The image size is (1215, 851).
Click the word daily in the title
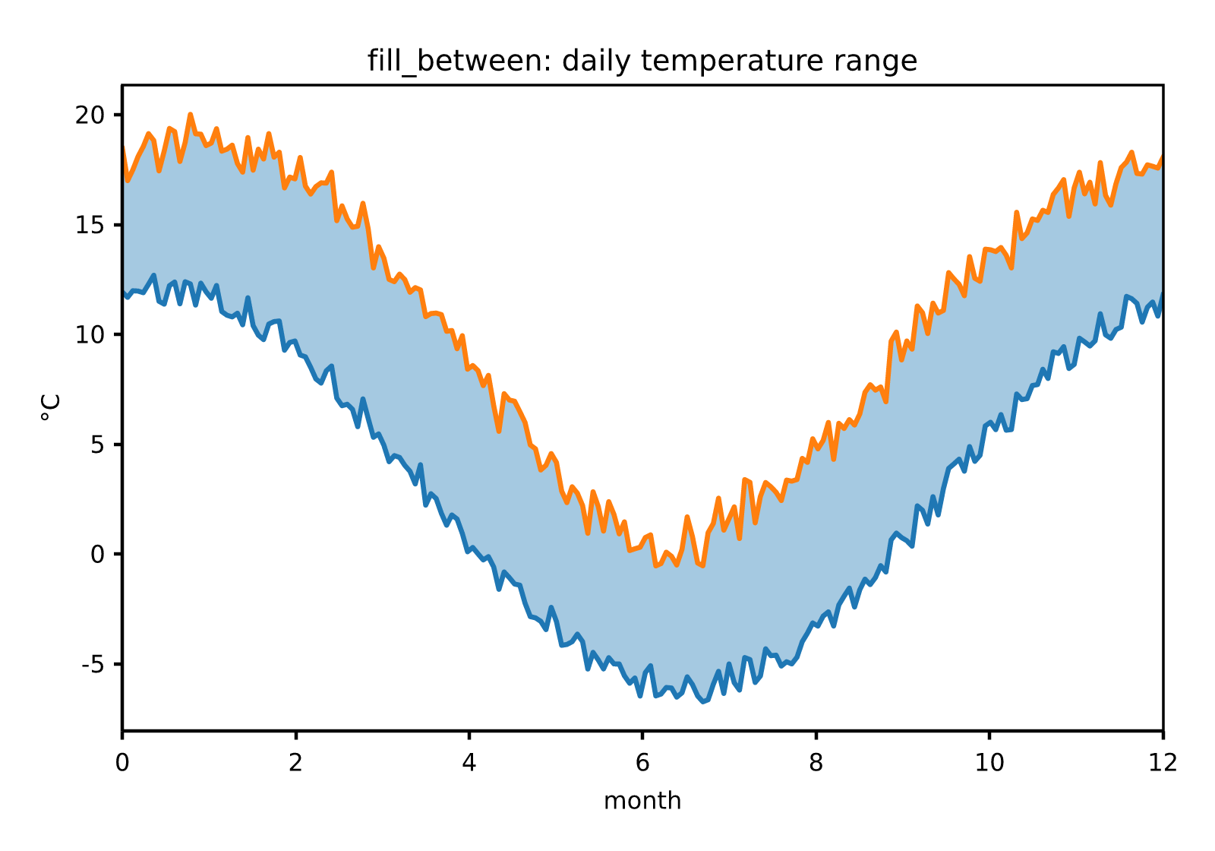coord(596,62)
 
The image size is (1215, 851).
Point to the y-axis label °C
coord(50,407)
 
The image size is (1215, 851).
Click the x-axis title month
coord(642,801)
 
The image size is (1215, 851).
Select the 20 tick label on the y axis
coord(90,115)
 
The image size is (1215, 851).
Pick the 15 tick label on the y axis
coord(90,225)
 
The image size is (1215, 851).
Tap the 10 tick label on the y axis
coord(90,335)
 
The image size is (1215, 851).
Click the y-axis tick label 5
coord(98,445)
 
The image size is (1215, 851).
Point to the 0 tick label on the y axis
coord(98,555)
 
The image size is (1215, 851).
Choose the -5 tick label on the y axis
coord(93,665)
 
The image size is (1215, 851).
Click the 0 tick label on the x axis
coord(122,763)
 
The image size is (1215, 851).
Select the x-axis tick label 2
coord(295,763)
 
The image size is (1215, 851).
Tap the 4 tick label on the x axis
coord(469,763)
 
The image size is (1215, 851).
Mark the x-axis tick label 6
coord(642,763)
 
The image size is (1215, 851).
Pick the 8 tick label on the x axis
coord(816,763)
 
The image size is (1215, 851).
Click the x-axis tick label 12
coord(1163,763)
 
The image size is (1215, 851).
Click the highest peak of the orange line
coord(191,115)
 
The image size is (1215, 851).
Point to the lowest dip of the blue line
coord(703,702)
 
